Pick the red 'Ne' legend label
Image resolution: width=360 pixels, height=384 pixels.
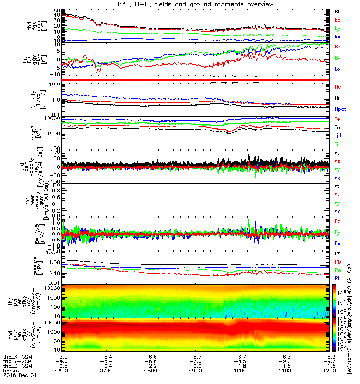coord(337,87)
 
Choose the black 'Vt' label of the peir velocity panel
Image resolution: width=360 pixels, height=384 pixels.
coord(337,152)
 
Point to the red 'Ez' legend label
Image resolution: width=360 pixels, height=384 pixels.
coord(337,221)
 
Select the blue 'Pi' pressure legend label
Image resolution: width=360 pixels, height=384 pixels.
coord(337,278)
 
